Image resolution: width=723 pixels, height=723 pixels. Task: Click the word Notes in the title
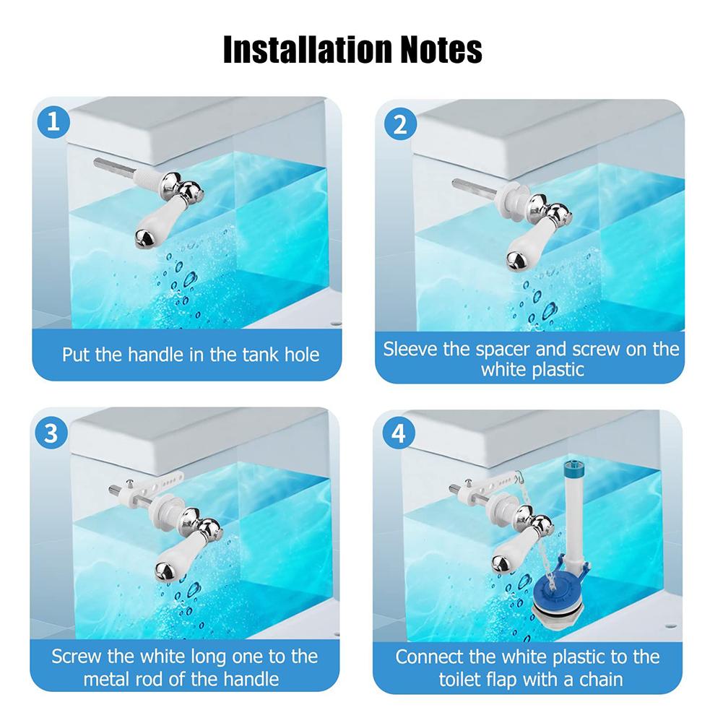coord(441,49)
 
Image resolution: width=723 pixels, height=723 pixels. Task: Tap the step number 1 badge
coord(53,122)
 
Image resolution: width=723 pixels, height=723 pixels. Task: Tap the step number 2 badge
coord(400,124)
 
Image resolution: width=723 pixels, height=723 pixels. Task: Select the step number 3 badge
coord(51,433)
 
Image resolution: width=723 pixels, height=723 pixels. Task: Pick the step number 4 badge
coord(399,433)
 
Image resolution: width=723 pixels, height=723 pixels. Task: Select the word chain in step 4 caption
coord(598,679)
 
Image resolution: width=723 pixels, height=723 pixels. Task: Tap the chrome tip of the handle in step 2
coord(516,261)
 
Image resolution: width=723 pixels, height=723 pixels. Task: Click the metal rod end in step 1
coord(98,163)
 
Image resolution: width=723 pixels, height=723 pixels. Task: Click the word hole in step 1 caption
coord(302,355)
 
